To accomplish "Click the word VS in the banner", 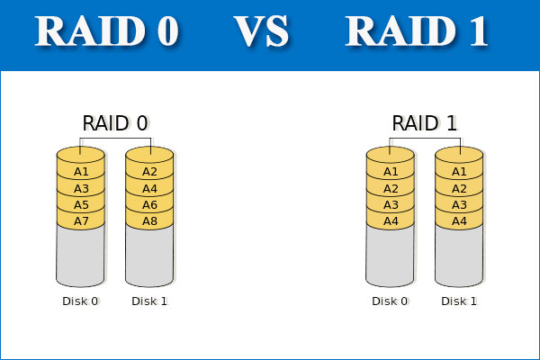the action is [261, 31].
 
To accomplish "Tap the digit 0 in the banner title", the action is [167, 31].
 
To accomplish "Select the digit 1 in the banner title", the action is [479, 31].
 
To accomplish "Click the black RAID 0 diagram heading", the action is [115, 123].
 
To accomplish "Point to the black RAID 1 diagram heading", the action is [424, 123].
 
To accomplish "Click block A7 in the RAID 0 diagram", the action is [81, 220].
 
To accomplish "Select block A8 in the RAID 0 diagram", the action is [149, 220].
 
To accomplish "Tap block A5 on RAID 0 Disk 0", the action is [81, 204].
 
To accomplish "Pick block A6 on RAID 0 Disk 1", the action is [149, 204].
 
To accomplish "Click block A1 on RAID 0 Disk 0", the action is [81, 171].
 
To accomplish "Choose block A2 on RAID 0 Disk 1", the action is [149, 171].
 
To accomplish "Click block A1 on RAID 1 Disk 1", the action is [459, 171].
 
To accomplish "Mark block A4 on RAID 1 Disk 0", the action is [391, 220].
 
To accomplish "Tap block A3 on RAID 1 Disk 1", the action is [459, 204].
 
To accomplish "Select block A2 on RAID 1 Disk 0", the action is [391, 188].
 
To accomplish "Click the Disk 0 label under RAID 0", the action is [80, 301].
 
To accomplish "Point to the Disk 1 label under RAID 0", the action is [149, 301].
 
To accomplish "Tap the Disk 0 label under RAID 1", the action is [390, 301].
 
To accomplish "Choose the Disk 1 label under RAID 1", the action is [459, 301].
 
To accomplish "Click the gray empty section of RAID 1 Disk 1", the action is [459, 256].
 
